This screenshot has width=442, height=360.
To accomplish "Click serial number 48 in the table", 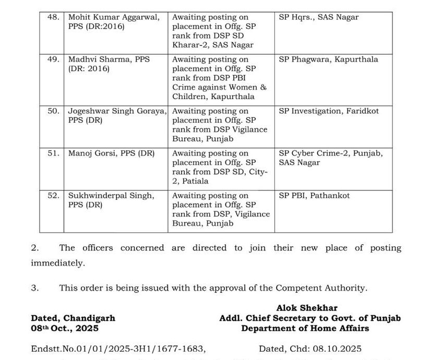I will (53, 17).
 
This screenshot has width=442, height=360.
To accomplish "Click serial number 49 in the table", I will (53, 59).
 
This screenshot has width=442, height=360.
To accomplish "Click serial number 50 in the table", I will (53, 111).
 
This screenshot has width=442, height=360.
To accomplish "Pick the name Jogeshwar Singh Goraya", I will (117, 111).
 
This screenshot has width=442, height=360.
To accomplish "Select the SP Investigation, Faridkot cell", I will (329, 111).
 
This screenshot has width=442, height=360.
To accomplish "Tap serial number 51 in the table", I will (53, 153).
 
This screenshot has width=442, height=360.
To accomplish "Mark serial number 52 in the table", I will (53, 196).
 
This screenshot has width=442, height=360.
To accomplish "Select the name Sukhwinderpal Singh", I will (111, 196).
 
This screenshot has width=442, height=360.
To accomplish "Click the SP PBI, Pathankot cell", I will (307, 196).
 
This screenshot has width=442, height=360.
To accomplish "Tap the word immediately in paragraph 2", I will (57, 263).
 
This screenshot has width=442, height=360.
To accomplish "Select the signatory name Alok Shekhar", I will (307, 308).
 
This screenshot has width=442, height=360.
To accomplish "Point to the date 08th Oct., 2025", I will (65, 328).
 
